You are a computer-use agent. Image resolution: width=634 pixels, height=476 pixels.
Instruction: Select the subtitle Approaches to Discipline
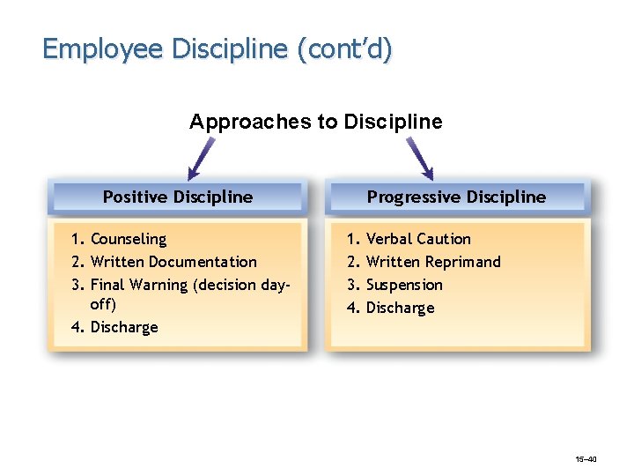tap(316, 122)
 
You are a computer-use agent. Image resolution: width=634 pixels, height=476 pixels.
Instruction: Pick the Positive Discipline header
tap(178, 197)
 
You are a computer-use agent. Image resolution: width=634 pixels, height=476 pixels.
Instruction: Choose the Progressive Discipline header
tap(456, 197)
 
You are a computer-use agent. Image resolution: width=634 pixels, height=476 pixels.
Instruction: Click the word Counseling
tap(129, 239)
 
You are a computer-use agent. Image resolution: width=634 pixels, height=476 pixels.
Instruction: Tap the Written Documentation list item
tap(173, 262)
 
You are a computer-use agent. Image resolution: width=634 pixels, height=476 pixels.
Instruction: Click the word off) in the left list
tap(103, 304)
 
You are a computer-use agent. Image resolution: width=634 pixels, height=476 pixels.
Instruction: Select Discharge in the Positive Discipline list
tap(124, 327)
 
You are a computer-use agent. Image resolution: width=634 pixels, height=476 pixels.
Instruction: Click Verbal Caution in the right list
tap(418, 239)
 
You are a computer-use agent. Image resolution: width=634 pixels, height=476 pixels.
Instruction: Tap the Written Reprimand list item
tap(433, 262)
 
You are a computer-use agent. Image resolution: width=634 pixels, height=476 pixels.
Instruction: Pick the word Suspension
tap(404, 285)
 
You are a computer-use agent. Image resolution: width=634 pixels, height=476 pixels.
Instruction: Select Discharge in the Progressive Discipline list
tap(400, 308)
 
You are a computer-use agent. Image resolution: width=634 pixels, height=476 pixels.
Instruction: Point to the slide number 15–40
tap(586, 459)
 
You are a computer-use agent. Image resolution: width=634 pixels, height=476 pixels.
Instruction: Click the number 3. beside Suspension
tap(352, 285)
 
